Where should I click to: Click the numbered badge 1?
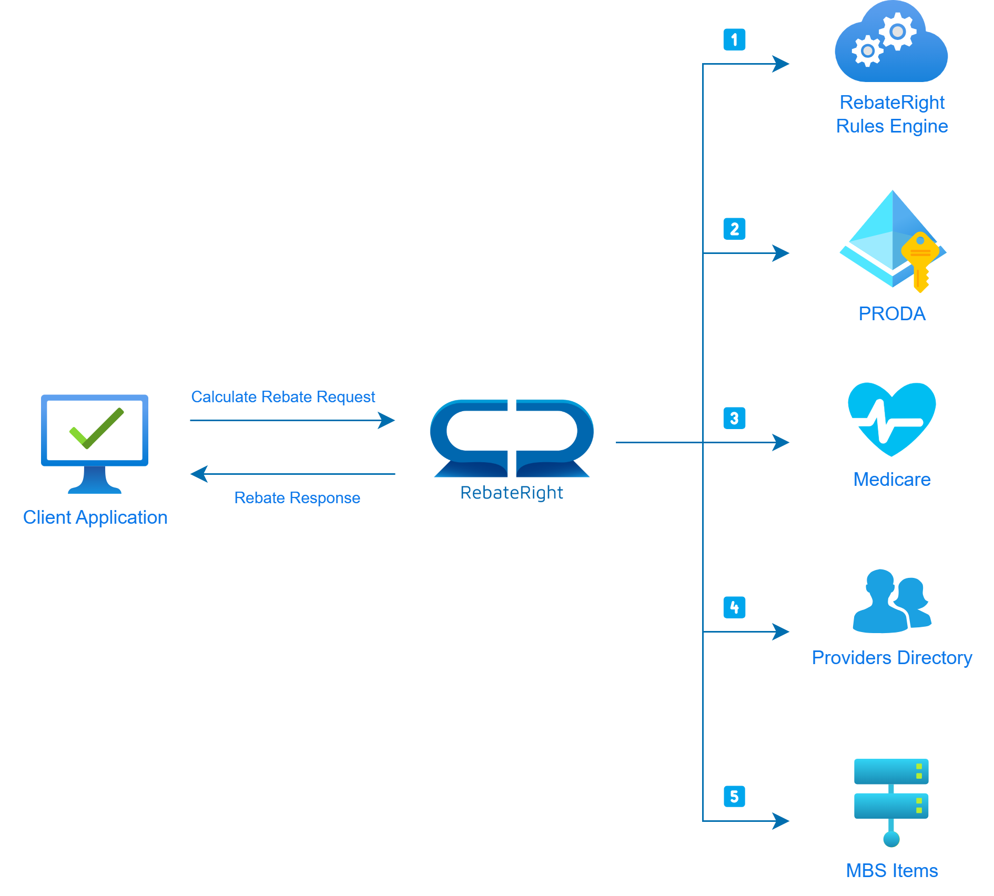coord(734,39)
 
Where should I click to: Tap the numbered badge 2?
coord(734,229)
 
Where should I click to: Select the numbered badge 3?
coord(734,418)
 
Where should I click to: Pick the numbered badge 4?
coord(734,607)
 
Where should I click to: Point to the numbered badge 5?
coord(734,796)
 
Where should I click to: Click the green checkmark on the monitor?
coord(97,428)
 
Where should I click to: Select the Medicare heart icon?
coord(892,419)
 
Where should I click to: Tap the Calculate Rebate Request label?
coord(283,397)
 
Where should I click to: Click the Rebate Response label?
coord(297,498)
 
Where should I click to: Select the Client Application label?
coord(95,517)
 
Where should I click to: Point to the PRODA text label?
coord(892,314)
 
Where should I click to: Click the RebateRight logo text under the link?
coord(512,493)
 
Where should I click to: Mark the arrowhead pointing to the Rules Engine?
coord(782,64)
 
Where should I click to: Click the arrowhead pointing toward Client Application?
coord(199,474)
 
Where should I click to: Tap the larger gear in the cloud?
coord(898,32)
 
